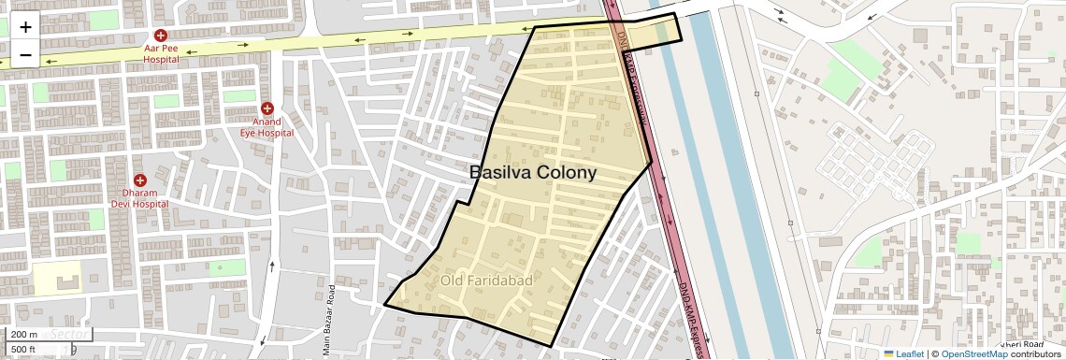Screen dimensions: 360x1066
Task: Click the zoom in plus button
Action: (x=25, y=27)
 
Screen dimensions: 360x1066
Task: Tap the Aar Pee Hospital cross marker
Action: (x=161, y=35)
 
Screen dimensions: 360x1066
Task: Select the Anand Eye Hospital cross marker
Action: (x=267, y=108)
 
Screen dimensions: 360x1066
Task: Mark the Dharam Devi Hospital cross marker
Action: (x=140, y=180)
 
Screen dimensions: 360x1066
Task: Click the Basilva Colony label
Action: (x=532, y=172)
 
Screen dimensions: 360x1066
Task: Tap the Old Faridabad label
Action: (x=486, y=280)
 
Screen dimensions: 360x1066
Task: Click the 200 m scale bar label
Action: (x=25, y=335)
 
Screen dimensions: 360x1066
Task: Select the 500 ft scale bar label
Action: (x=24, y=350)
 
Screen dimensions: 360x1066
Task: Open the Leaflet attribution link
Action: (x=903, y=353)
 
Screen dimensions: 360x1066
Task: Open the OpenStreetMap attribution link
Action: (x=973, y=353)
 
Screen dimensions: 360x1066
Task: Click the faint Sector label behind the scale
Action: (x=69, y=334)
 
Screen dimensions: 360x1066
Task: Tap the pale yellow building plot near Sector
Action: (x=57, y=278)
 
